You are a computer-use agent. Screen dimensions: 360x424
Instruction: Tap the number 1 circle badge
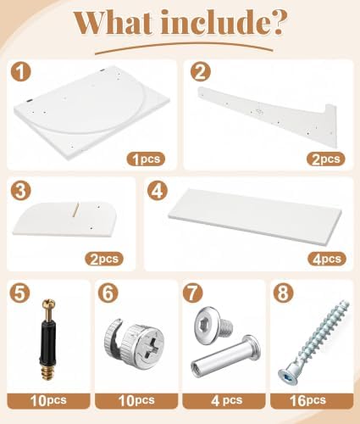(x=20, y=72)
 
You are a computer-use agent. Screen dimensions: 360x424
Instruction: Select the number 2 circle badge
(x=200, y=72)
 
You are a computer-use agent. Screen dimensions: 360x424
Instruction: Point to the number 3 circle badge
(x=20, y=191)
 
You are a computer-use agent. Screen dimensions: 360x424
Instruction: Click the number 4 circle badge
(x=158, y=191)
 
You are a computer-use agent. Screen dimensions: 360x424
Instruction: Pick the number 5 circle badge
(x=19, y=293)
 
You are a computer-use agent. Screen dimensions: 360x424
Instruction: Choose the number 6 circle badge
(x=108, y=293)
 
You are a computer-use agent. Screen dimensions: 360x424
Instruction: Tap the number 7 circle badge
(x=193, y=293)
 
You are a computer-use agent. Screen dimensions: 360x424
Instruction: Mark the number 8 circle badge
(x=283, y=293)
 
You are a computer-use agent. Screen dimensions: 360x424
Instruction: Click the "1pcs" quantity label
(x=146, y=159)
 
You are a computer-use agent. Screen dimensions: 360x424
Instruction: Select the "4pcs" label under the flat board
(x=327, y=259)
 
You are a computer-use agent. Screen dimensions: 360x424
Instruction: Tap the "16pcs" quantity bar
(x=312, y=400)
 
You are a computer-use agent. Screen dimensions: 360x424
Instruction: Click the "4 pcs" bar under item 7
(x=224, y=400)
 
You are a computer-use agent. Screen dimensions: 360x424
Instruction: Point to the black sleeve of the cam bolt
(x=47, y=342)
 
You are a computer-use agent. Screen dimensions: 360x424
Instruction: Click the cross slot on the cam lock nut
(x=152, y=343)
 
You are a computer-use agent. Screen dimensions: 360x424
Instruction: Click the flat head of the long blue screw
(x=288, y=377)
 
